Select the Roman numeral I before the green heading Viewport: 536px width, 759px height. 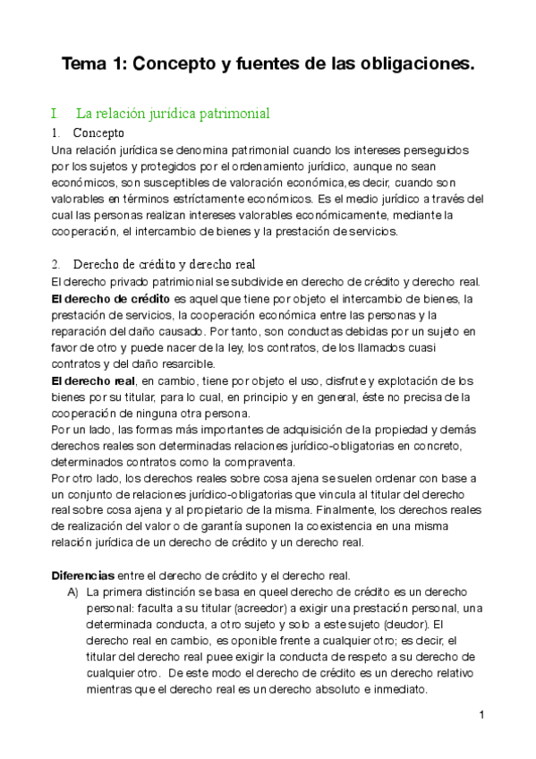[55, 114]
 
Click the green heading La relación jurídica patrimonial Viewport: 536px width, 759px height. [173, 114]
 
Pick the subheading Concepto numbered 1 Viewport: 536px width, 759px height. [98, 133]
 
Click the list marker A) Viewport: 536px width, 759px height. [74, 592]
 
